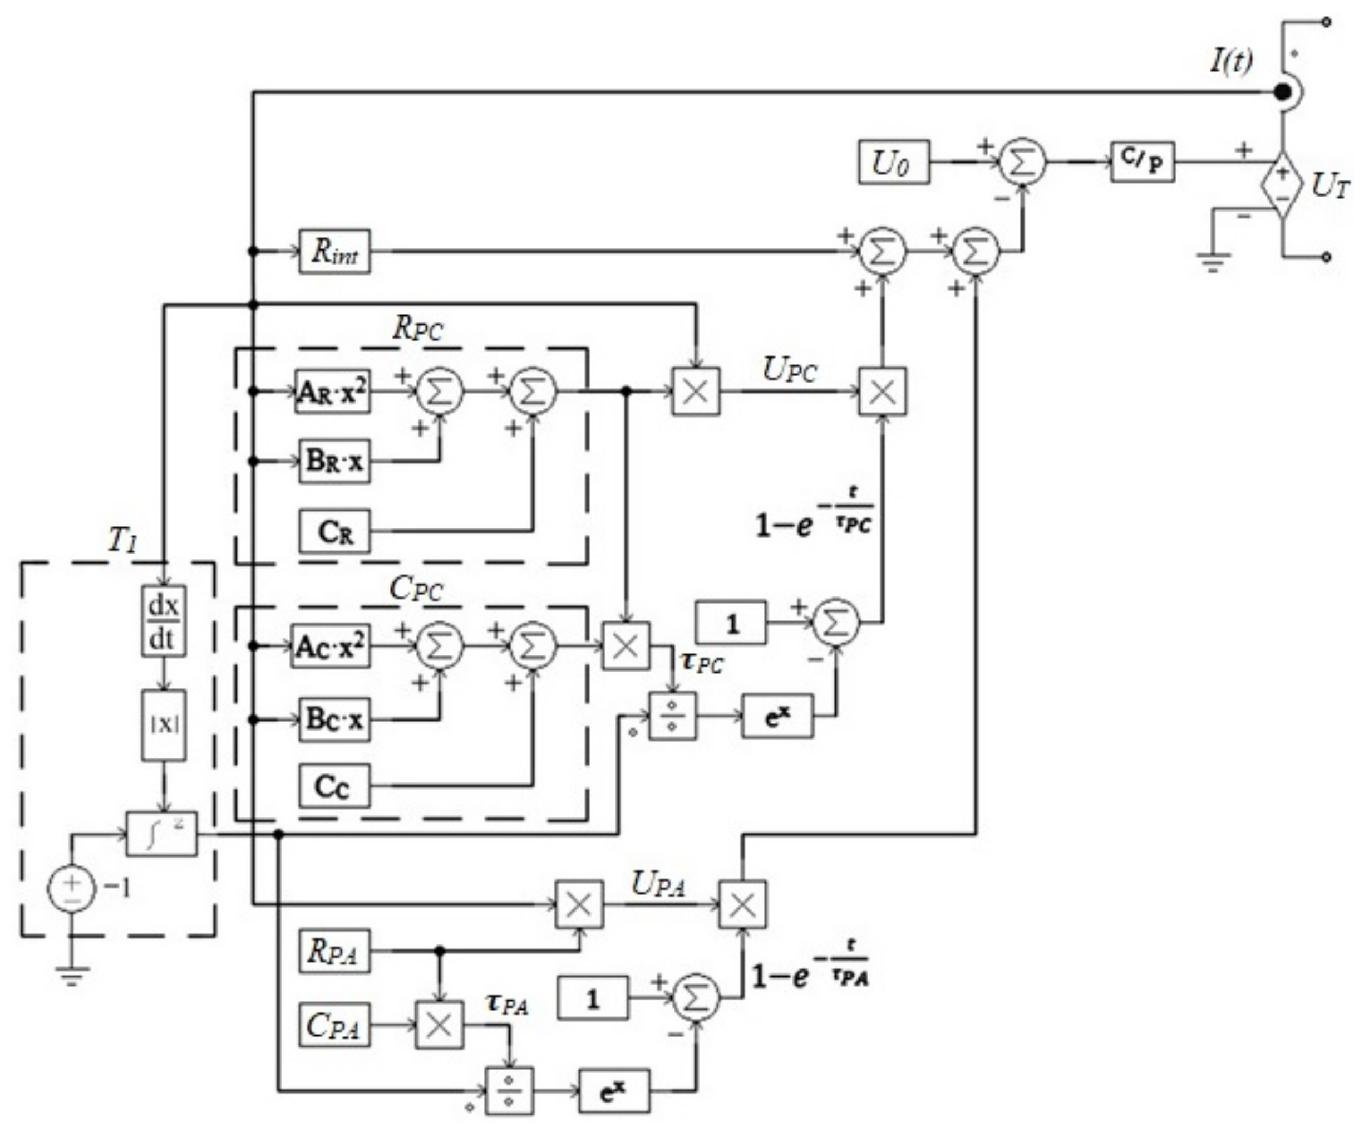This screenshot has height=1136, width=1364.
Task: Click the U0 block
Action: click(x=893, y=163)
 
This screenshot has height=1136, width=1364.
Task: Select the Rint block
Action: click(x=334, y=252)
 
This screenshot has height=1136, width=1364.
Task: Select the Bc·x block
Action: click(x=334, y=719)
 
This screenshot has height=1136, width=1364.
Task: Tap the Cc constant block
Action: click(x=334, y=786)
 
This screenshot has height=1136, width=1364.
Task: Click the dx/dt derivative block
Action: click(x=164, y=621)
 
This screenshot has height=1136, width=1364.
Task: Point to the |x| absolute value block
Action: click(x=164, y=725)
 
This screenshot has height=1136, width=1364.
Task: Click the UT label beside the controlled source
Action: click(x=1330, y=187)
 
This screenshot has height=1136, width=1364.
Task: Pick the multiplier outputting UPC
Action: click(x=696, y=392)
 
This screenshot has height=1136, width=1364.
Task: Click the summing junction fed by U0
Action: click(x=1022, y=163)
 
